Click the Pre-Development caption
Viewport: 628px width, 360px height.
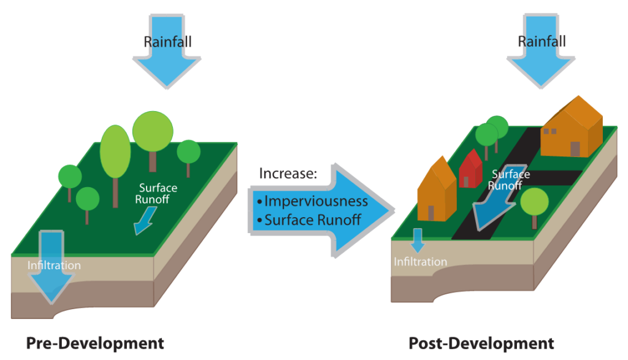95,343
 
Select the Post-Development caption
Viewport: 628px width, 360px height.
481,343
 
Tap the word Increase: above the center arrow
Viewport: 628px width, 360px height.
288,174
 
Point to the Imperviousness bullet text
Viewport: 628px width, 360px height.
313,201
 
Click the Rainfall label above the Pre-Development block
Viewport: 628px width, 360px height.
167,42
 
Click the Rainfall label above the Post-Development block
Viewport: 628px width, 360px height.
542,42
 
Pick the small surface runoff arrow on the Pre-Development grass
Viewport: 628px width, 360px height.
144,221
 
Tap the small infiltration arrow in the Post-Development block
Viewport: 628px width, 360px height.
417,240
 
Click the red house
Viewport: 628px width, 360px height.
471,169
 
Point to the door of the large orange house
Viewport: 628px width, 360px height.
575,149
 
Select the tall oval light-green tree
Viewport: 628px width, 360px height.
115,151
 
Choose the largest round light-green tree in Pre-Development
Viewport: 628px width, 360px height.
152,131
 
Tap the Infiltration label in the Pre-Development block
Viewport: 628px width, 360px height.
54,266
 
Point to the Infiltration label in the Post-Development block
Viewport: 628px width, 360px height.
420,262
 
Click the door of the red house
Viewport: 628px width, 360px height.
465,182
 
